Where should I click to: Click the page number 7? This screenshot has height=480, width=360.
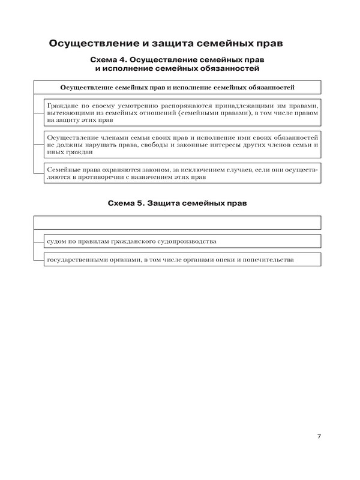pyautogui.click(x=319, y=436)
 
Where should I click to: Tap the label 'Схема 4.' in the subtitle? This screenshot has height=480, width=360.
pyautogui.click(x=108, y=61)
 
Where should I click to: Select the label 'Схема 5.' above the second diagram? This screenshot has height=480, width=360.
pyautogui.click(x=127, y=204)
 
